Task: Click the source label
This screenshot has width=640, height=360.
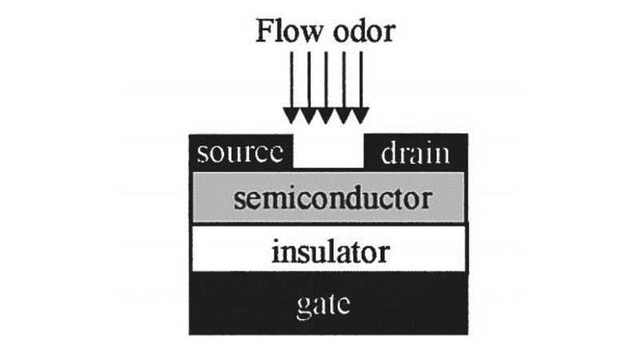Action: click(240, 153)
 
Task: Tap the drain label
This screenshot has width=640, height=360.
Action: click(414, 153)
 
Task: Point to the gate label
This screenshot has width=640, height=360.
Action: click(327, 306)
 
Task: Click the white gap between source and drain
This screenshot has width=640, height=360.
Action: click(329, 153)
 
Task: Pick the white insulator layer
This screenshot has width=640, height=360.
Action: click(216, 254)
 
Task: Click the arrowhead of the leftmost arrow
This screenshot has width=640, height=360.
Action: click(291, 116)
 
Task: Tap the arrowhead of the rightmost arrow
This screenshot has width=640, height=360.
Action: click(361, 116)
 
